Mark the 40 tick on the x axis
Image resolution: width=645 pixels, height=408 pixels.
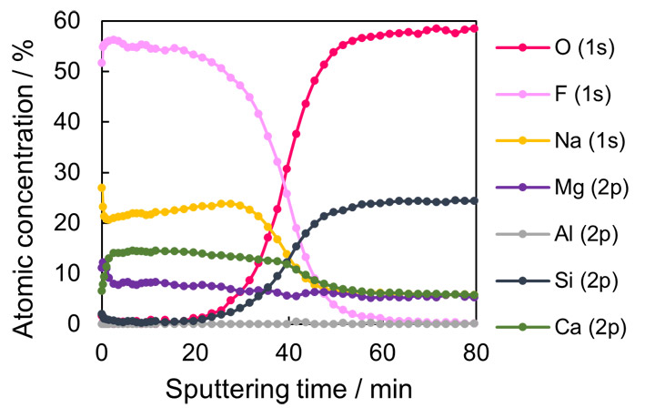[288, 351]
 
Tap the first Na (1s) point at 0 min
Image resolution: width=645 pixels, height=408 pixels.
[101, 188]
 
